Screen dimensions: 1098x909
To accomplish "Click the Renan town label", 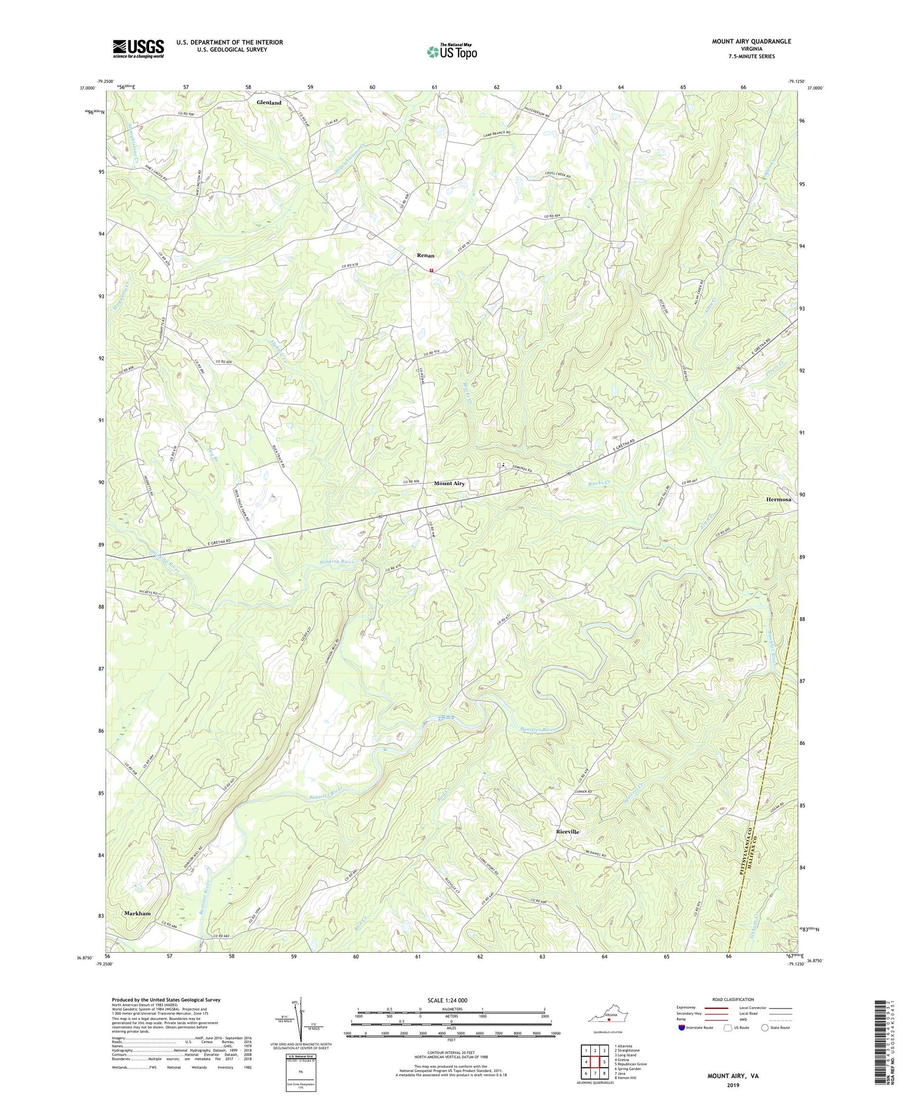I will pyautogui.click(x=425, y=256).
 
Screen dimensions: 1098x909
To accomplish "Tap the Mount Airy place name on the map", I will pyautogui.click(x=449, y=484).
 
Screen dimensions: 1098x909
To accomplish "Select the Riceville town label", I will pyautogui.click(x=567, y=832).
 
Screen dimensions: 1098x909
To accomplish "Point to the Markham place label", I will pyautogui.click(x=138, y=913).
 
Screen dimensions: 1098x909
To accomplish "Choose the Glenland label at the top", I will pyautogui.click(x=268, y=103).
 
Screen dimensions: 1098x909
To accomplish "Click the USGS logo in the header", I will pyautogui.click(x=138, y=48).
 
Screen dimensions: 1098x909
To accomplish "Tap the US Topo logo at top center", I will pyautogui.click(x=451, y=51).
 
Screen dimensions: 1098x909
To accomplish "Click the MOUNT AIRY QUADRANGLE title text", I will pyautogui.click(x=743, y=41).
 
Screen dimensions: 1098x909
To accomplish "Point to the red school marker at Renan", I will pyautogui.click(x=431, y=270).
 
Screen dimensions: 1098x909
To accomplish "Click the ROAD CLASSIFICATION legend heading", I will pyautogui.click(x=733, y=999).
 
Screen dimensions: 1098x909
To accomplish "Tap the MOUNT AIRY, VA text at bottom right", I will pyautogui.click(x=732, y=1077).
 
